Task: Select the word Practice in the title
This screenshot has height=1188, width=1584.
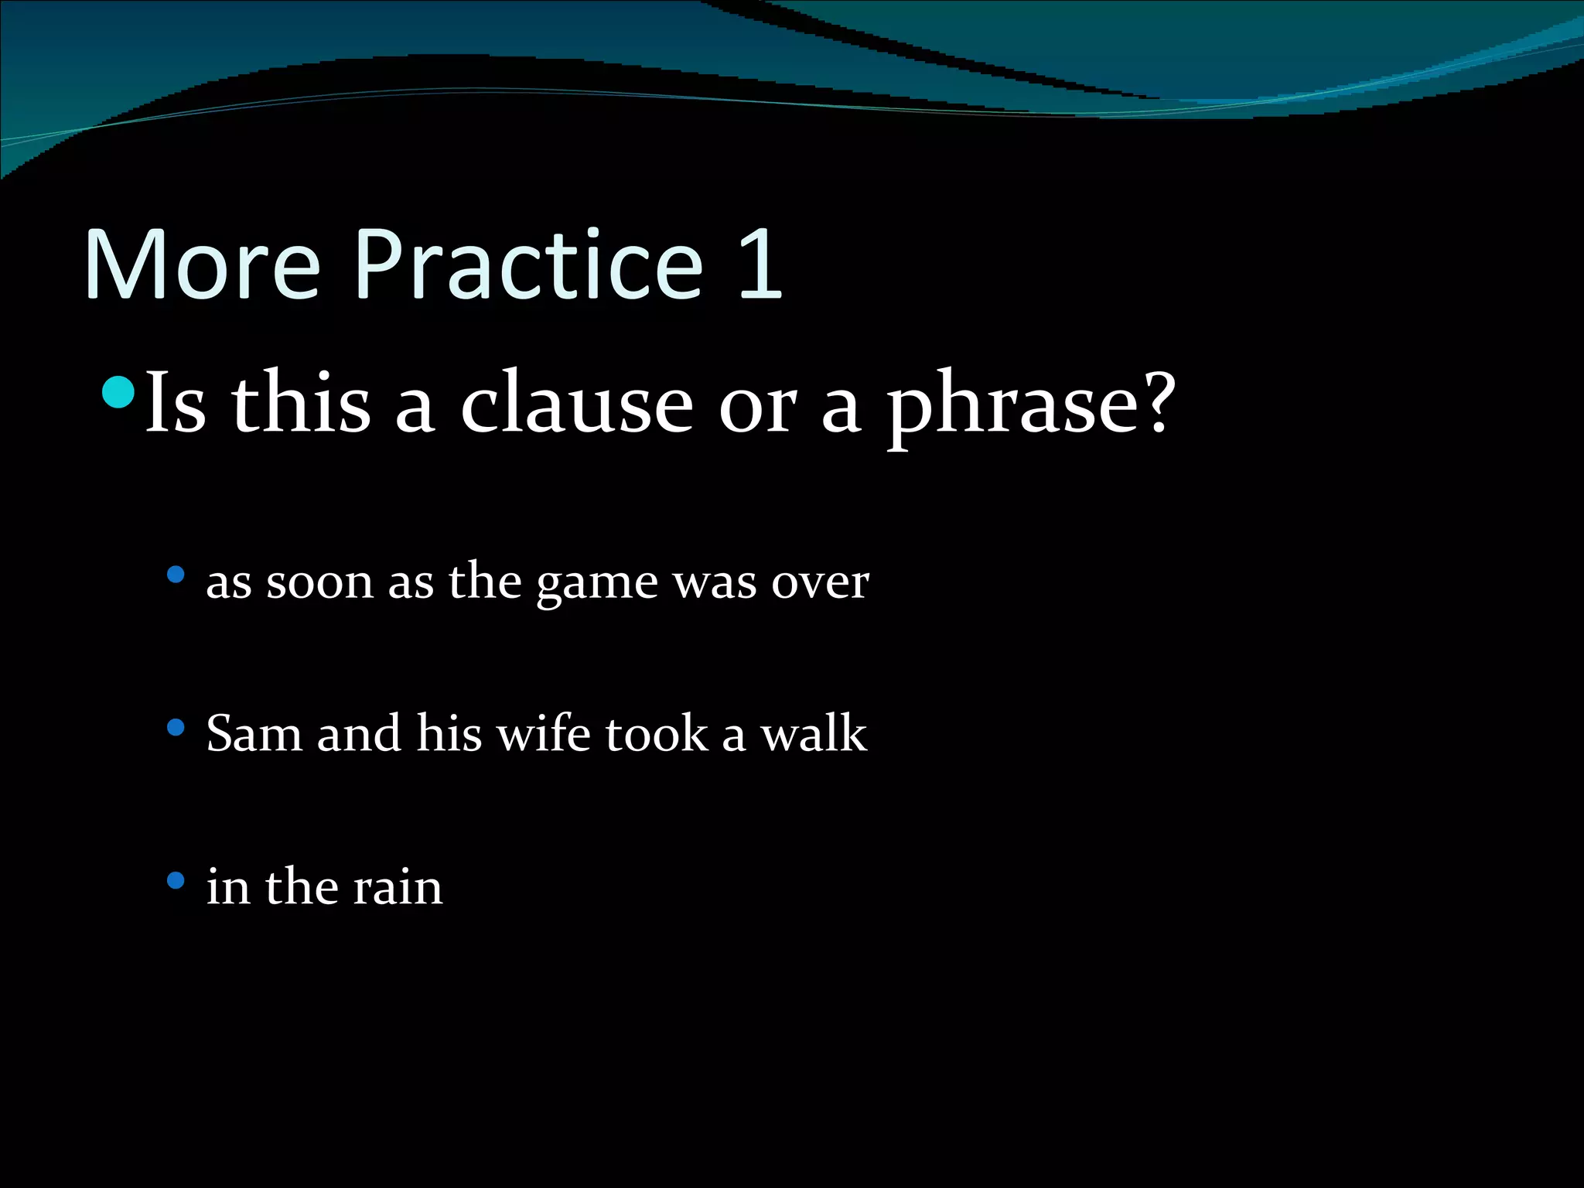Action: coord(528,265)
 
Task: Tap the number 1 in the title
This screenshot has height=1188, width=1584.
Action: coord(760,265)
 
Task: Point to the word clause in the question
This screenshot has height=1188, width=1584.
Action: coord(576,404)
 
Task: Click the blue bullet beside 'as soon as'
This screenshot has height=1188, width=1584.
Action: coord(176,575)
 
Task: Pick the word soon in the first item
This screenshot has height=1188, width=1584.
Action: coord(319,583)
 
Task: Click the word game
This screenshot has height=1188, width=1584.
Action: coord(597,585)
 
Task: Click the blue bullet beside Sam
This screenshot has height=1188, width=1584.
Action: coord(176,727)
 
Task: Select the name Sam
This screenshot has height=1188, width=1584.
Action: coord(254,733)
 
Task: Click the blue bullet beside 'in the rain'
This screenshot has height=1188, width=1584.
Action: coord(176,880)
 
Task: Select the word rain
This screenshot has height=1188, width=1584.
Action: coord(398,887)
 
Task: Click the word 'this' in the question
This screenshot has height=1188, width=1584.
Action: coord(301,404)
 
